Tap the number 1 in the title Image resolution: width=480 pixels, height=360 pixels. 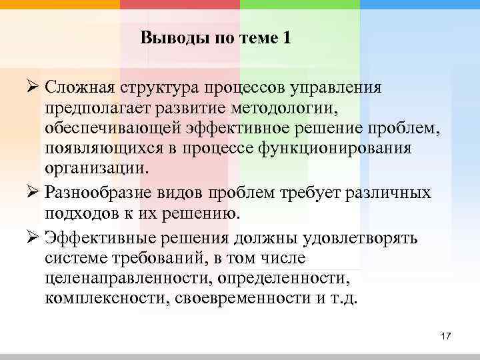point(287,39)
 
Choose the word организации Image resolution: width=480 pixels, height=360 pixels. point(94,167)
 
